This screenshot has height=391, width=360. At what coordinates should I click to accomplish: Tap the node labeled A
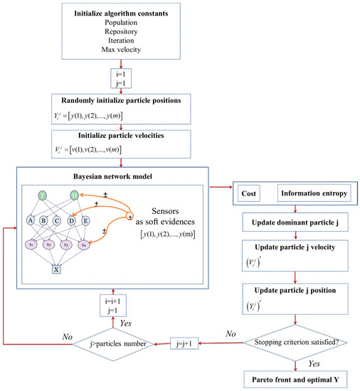coord(31,220)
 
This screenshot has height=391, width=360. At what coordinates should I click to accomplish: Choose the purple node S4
coord(85,245)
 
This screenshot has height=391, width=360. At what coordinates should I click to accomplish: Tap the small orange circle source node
coord(130,216)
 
